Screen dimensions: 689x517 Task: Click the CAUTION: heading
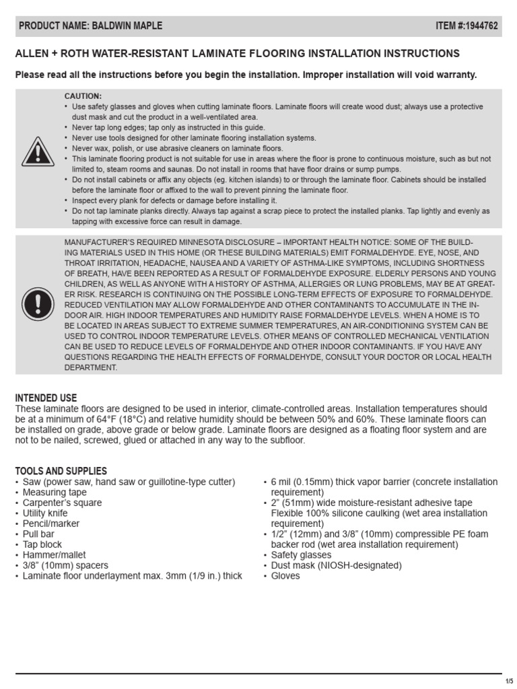point(83,96)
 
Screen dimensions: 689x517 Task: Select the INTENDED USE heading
point(46,398)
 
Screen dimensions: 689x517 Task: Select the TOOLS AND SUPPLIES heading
point(61,471)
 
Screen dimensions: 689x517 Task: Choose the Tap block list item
point(42,544)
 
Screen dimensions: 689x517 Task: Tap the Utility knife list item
point(45,513)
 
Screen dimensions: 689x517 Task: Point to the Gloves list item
point(285,576)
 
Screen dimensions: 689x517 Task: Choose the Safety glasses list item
point(301,555)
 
